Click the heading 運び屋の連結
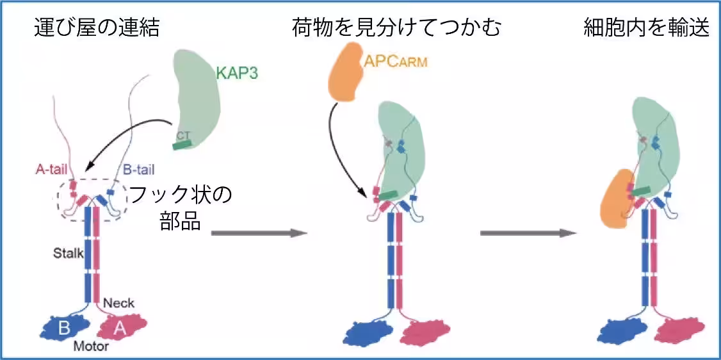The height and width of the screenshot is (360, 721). pos(97,28)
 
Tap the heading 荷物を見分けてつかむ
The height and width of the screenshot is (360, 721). pos(396,28)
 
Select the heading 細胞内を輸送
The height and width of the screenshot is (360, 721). pos(647,28)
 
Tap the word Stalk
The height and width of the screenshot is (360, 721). pos(69,253)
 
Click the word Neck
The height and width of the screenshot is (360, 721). pos(119,303)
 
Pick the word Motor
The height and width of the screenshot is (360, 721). pos(92,347)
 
